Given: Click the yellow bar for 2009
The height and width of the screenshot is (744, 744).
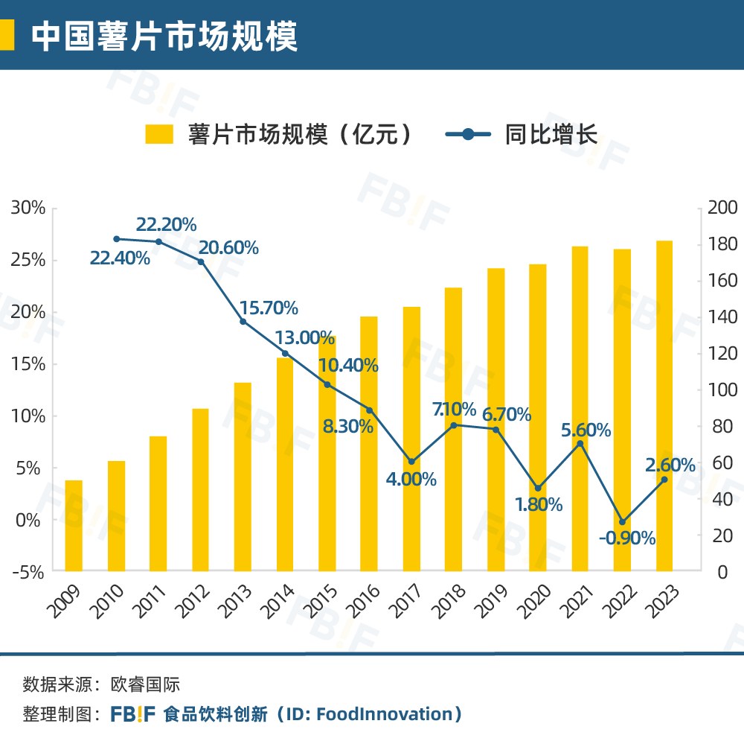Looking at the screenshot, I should pos(74,526).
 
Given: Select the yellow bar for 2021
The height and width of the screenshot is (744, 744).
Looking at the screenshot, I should pos(580,409).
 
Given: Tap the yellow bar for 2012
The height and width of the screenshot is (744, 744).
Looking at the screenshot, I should pos(200,490).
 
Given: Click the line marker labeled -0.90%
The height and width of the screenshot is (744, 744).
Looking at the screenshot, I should pos(623,521).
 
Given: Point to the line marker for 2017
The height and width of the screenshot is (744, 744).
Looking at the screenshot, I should pos(411,461).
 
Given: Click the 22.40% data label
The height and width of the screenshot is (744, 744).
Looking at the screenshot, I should pos(120,258).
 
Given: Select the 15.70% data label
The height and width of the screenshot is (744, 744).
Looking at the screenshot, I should pos(269,308).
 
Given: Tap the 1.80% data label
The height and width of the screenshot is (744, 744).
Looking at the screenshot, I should pos(539,504).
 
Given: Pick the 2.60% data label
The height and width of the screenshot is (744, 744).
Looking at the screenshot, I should pos(670,465).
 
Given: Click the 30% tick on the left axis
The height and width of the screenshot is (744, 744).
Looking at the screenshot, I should pos(28,208).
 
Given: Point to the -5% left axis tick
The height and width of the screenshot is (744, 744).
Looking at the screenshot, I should pos(28,572).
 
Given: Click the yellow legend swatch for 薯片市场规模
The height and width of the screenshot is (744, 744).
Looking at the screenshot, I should pos(158,134).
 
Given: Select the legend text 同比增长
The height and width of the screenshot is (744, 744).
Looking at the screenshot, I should pos(551,134).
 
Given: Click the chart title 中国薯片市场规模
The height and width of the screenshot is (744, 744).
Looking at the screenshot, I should pos(164,36).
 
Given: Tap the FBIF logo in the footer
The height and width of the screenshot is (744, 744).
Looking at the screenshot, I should pos(133,714).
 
